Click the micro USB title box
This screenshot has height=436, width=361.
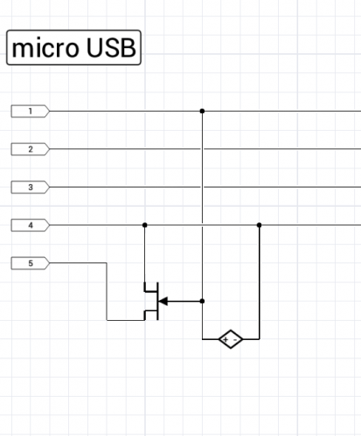point(73,47)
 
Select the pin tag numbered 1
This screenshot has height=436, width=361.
point(31,111)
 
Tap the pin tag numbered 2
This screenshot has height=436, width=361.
point(31,149)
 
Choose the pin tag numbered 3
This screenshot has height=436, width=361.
point(31,187)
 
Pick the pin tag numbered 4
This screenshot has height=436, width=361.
point(31,225)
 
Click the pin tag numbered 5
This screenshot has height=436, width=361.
point(31,263)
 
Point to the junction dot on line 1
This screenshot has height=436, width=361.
point(202,111)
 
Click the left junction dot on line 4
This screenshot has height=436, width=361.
point(145,225)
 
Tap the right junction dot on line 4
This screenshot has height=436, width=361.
point(260,225)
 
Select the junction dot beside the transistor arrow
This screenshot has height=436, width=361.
point(202,301)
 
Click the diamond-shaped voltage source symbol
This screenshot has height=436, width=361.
point(231,339)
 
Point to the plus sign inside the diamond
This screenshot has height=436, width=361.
point(226,339)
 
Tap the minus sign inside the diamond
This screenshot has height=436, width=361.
point(235,339)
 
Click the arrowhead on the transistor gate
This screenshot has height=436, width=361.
point(163,301)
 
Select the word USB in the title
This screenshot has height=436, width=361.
point(111,48)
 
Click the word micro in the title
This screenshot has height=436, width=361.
point(45,48)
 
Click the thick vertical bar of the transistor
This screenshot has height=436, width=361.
point(157,301)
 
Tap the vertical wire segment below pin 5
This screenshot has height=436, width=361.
point(107,291)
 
